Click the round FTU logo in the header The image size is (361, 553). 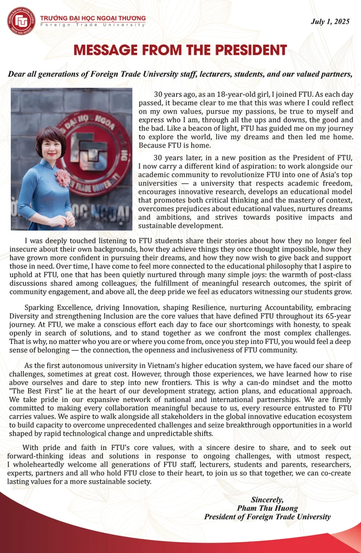pos(21,21)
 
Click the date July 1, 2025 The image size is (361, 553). pos(330,22)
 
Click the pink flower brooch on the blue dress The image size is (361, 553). pos(63,178)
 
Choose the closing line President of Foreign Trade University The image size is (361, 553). pos(268,516)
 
